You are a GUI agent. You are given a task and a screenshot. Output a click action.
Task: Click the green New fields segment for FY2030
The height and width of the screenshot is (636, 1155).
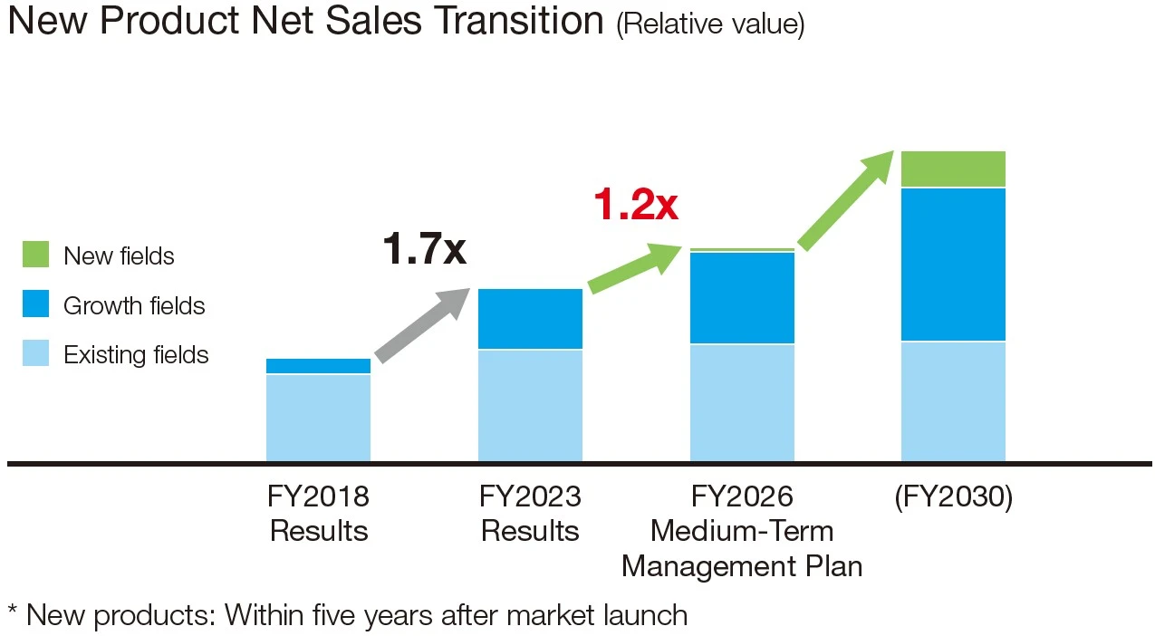click(x=953, y=169)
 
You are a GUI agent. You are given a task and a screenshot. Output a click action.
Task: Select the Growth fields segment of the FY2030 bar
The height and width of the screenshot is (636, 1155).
click(x=953, y=264)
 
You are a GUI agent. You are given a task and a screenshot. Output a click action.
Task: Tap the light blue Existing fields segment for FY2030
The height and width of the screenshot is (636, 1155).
click(x=953, y=401)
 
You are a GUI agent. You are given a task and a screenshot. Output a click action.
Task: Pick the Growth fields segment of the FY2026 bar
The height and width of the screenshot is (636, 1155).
click(x=742, y=297)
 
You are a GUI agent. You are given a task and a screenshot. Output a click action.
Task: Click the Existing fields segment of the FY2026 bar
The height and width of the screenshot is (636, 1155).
click(x=742, y=402)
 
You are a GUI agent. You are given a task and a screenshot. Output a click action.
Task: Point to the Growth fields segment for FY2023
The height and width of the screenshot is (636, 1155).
click(x=530, y=319)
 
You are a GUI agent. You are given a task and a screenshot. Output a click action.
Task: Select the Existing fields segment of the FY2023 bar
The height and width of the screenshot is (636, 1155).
click(x=530, y=405)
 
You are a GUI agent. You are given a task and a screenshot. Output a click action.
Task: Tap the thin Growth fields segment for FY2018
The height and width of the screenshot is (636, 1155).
click(x=318, y=366)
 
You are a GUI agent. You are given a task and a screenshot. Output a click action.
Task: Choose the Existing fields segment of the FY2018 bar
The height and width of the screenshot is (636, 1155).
click(x=318, y=418)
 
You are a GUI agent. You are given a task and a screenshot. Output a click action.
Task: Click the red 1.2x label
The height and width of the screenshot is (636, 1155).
click(x=635, y=204)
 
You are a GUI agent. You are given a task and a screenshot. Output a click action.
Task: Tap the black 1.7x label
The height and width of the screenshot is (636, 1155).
click(x=424, y=247)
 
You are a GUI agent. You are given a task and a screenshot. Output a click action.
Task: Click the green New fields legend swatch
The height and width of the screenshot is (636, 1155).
click(x=35, y=255)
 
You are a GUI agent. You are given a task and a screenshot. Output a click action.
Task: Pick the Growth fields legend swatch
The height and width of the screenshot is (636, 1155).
click(x=35, y=304)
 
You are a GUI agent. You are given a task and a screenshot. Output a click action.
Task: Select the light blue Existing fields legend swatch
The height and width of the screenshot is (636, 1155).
click(x=35, y=353)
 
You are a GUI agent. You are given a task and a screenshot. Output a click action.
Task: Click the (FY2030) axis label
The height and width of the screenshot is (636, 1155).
click(x=953, y=496)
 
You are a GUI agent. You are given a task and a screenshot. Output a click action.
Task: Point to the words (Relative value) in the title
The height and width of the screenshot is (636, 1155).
click(x=709, y=24)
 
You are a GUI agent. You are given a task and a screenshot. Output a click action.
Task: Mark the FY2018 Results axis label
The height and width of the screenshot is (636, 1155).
click(x=318, y=513)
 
